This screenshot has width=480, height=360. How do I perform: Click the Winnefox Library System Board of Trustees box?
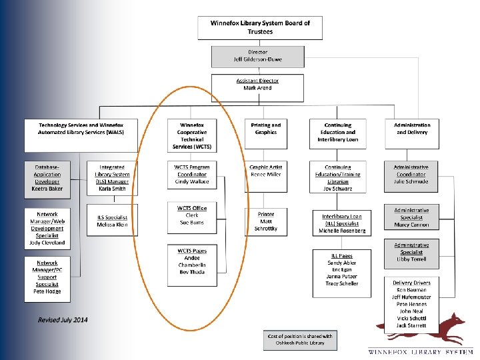coord(260,27)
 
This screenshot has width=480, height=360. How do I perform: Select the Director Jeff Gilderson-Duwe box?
coord(256,55)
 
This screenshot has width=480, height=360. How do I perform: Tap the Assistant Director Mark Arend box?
coord(257,84)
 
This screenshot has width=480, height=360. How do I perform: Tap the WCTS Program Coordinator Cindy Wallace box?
coord(192,174)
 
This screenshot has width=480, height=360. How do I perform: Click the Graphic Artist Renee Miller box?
coord(266,174)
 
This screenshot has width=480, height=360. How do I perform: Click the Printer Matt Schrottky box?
coord(266,221)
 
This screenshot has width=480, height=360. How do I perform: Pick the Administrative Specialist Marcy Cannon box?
coord(411,217)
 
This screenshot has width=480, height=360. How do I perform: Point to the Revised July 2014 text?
coord(63,321)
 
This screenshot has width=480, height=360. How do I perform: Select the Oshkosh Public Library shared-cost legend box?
coord(299,339)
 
